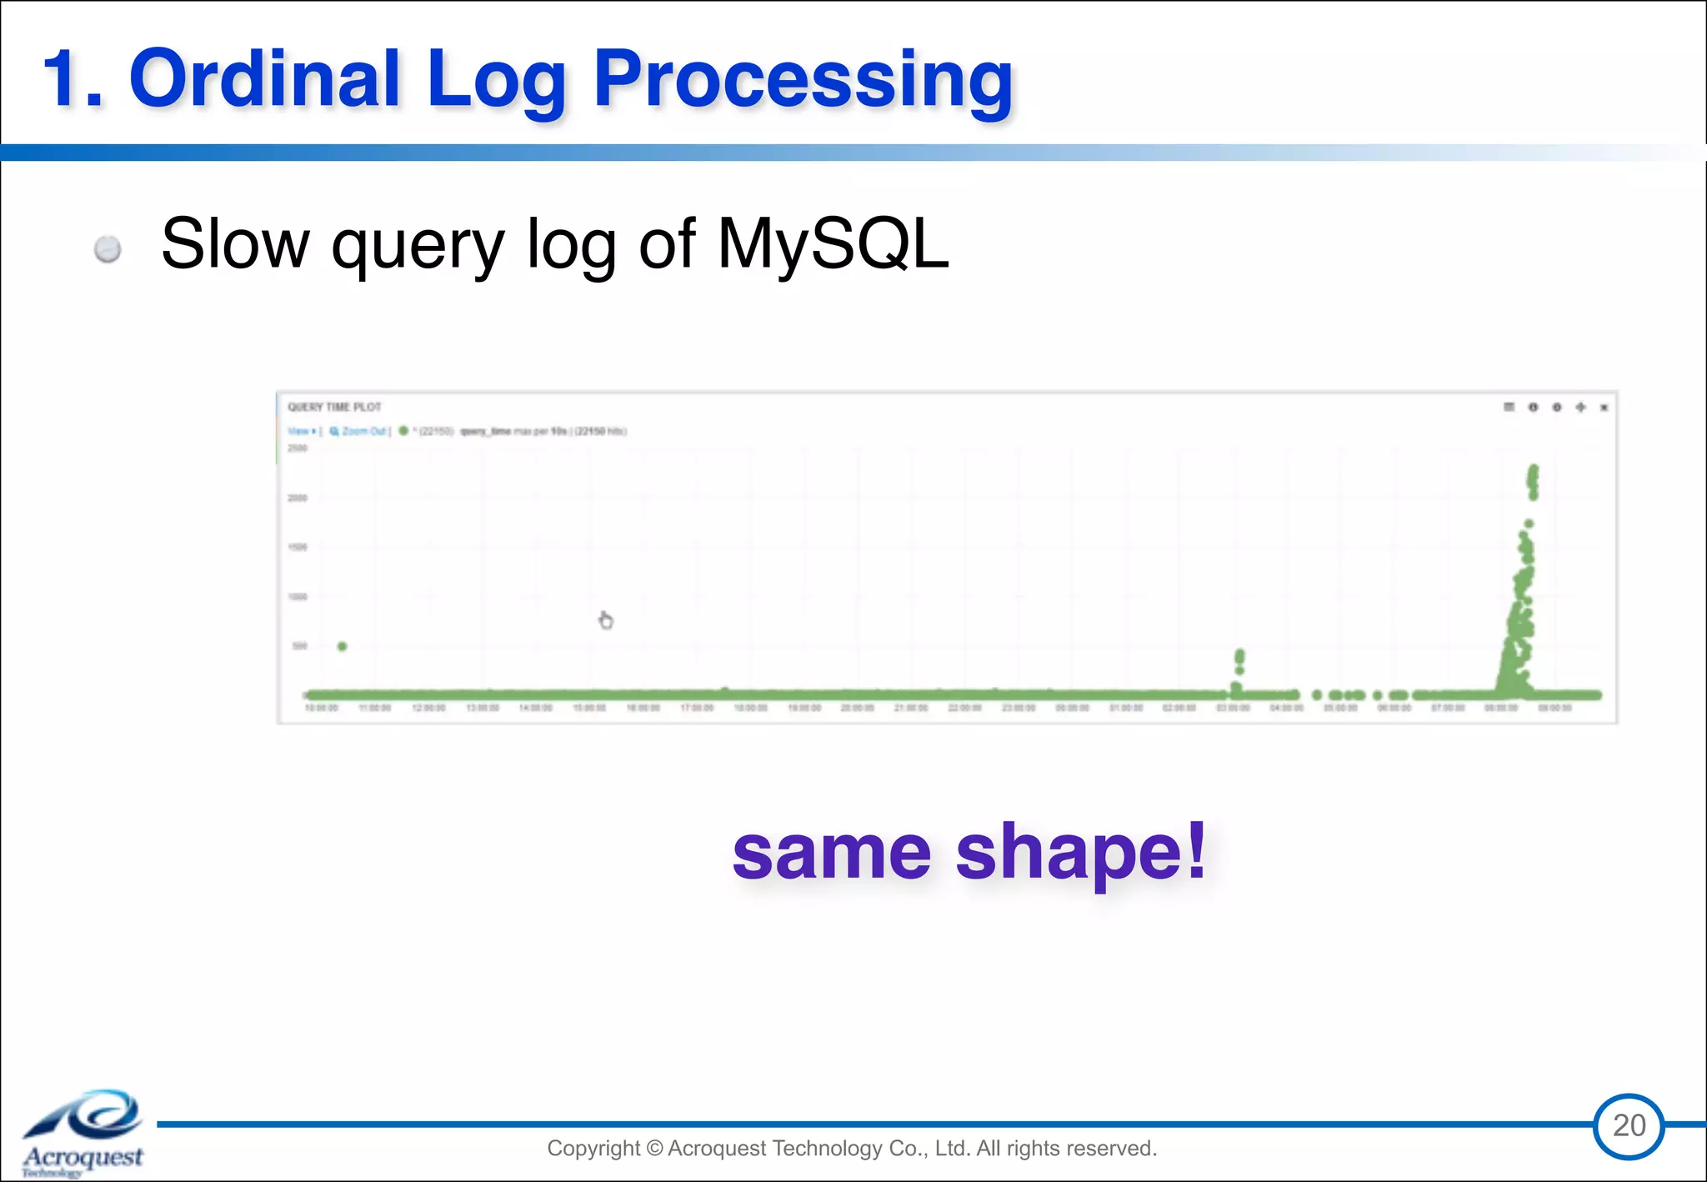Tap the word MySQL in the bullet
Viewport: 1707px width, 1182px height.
(833, 243)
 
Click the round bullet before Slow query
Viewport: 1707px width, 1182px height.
(108, 248)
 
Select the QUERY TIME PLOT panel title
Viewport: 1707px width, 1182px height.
(334, 407)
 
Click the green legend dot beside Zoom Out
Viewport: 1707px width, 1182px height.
(403, 431)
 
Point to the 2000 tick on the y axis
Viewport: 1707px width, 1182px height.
(298, 498)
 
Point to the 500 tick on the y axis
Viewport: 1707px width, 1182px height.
(299, 646)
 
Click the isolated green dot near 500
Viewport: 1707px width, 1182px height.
(342, 646)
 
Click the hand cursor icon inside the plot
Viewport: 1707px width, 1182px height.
(606, 620)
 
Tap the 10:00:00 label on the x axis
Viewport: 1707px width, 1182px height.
(321, 708)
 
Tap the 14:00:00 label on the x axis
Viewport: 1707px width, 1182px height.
(535, 708)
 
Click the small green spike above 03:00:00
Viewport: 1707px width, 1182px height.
(1239, 661)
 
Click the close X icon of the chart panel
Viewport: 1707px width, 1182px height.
(1604, 408)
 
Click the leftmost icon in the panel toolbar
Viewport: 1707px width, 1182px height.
(1509, 407)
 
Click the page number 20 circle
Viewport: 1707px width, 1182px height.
(1629, 1125)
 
